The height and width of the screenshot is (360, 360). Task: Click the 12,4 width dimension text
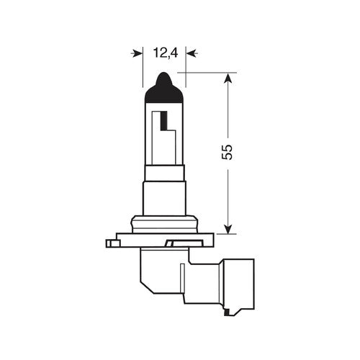tap(165, 52)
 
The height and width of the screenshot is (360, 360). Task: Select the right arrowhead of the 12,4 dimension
tap(190, 53)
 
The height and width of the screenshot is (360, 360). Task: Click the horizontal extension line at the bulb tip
tap(209, 72)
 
